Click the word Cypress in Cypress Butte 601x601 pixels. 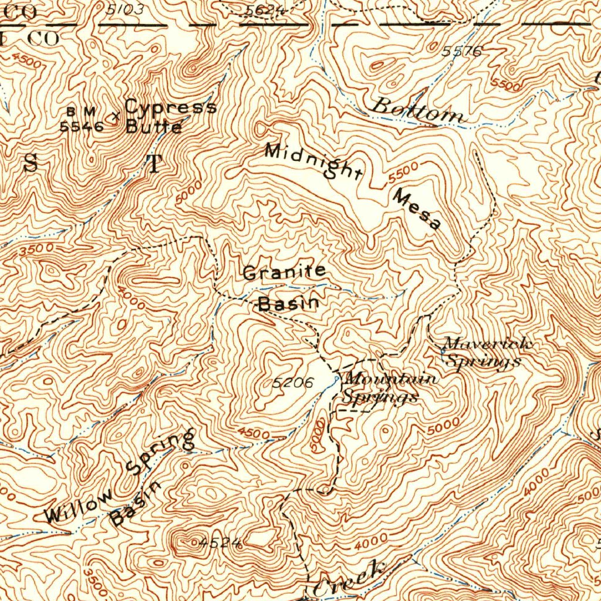pyautogui.click(x=170, y=107)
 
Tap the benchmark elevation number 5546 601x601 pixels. pyautogui.click(x=82, y=126)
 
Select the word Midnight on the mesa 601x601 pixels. pyautogui.click(x=313, y=160)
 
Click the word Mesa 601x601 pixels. pyautogui.click(x=417, y=209)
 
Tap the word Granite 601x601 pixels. pyautogui.click(x=284, y=272)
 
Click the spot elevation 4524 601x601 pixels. pyautogui.click(x=220, y=543)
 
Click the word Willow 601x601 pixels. pyautogui.click(x=77, y=505)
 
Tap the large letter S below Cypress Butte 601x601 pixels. pyautogui.click(x=31, y=164)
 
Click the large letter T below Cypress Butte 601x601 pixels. pyautogui.click(x=154, y=165)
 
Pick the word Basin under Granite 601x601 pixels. pyautogui.click(x=289, y=303)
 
